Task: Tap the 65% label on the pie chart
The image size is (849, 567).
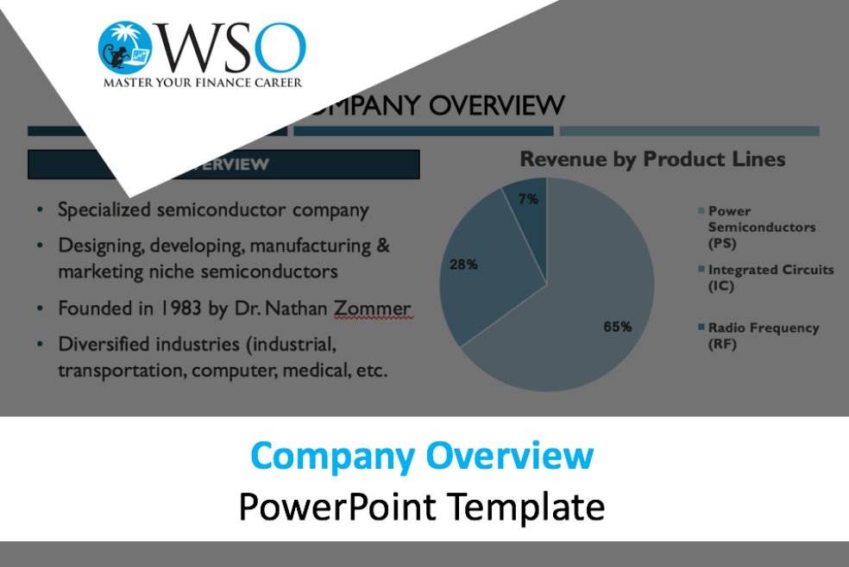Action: tap(617, 327)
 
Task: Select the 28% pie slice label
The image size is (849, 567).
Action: tap(463, 265)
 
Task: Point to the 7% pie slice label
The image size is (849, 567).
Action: tap(528, 199)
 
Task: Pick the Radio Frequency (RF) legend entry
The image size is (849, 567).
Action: tap(758, 336)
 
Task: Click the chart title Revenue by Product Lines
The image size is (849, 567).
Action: tap(652, 159)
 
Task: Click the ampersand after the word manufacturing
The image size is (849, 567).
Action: tap(383, 246)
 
